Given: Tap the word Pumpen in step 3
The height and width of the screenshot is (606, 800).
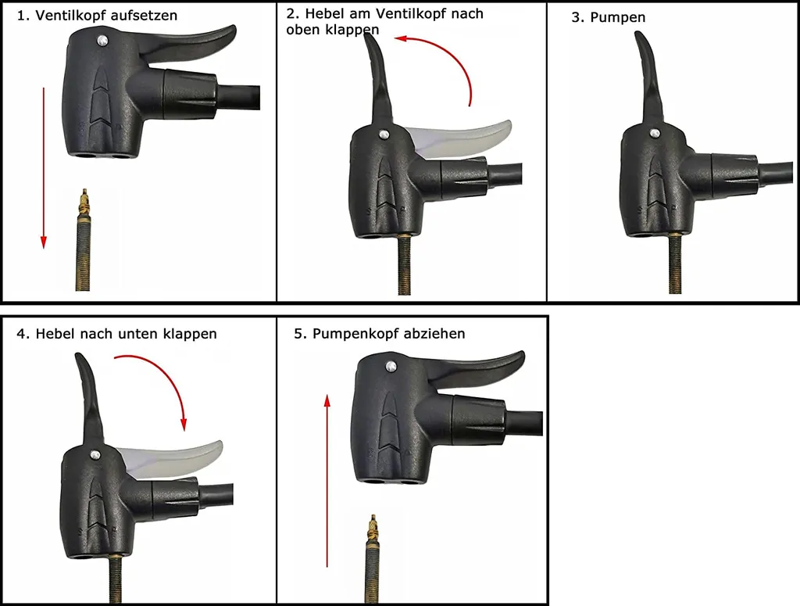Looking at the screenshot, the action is [617, 17].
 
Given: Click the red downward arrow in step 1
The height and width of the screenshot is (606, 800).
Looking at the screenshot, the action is [44, 168].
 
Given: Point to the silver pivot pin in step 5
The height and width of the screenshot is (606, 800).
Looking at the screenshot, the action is [391, 365].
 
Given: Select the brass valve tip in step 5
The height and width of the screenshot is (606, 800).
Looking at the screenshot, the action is [373, 527].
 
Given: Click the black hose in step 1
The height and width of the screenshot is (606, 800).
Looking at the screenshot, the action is [239, 97].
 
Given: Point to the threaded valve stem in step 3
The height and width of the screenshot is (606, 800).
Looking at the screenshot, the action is [675, 264].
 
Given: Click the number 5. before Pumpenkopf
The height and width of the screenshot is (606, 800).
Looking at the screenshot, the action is [300, 334].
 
